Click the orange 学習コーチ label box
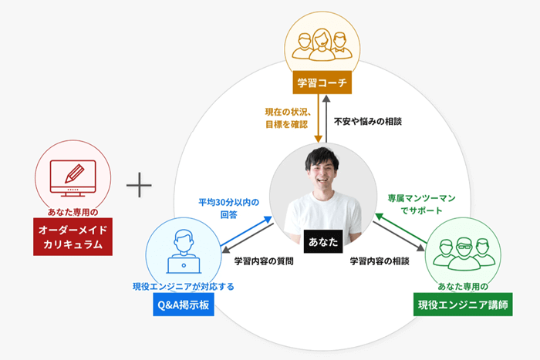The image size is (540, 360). coord(322,82)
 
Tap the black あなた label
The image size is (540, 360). coord(323,241)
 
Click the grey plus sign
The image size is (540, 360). coord(139,185)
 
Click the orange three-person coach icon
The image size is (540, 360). coord(322,45)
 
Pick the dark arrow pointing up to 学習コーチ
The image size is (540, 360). coord(327,119)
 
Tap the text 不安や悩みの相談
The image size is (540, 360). coord(368,122)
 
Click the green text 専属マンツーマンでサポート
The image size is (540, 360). coord(421,204)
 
